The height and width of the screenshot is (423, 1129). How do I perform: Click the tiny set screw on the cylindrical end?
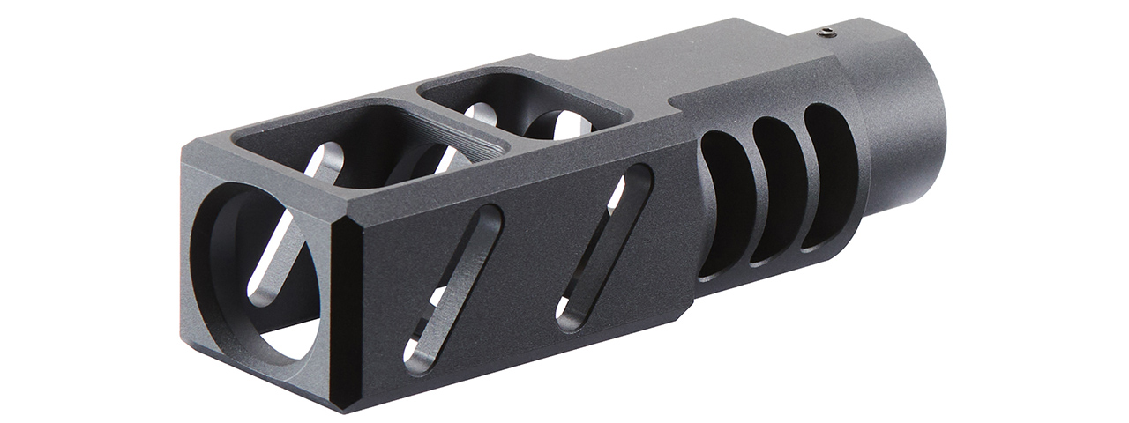825,33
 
